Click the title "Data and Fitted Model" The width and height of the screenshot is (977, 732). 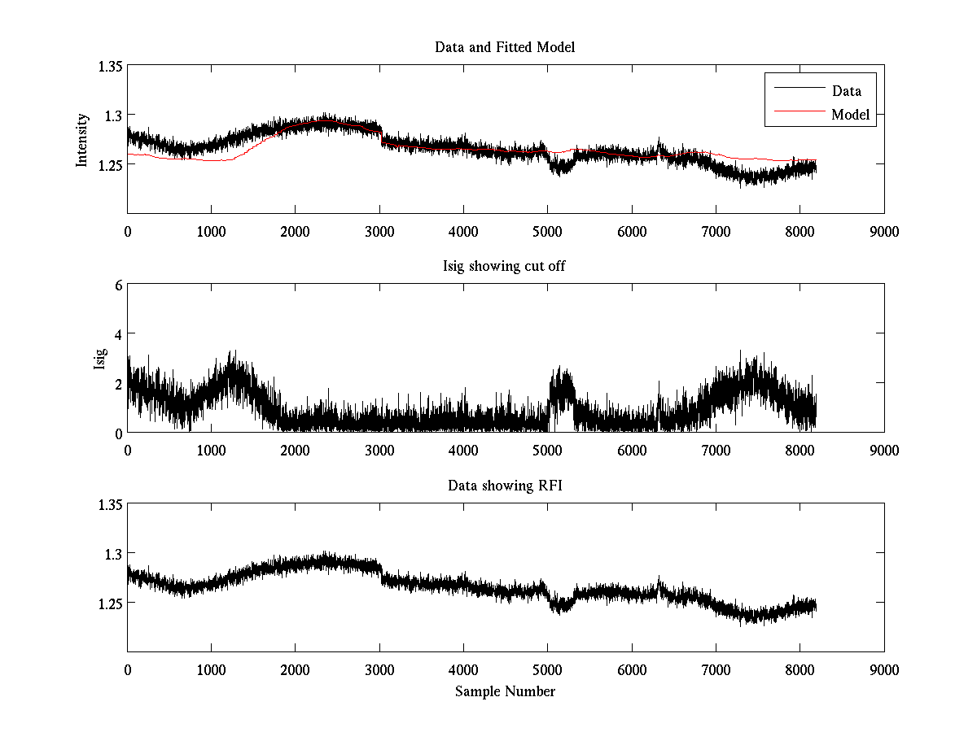click(505, 47)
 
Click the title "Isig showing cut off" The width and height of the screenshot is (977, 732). click(505, 267)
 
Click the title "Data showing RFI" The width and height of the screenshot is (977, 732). click(505, 486)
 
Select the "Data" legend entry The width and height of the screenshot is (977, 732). click(846, 91)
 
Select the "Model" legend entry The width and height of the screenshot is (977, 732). click(850, 115)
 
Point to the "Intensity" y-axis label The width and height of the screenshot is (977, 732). click(81, 140)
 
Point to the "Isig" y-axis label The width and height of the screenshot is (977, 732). click(99, 359)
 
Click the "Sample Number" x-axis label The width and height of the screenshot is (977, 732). click(505, 692)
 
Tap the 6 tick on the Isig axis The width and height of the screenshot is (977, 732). click(119, 285)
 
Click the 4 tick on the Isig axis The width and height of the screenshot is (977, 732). click(119, 334)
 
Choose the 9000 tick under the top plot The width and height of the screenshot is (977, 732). click(884, 231)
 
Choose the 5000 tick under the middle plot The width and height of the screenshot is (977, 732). click(547, 451)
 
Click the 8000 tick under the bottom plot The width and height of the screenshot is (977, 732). click(800, 670)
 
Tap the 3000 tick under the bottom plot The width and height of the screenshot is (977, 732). click(379, 670)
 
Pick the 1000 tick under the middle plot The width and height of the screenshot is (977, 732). click(211, 451)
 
